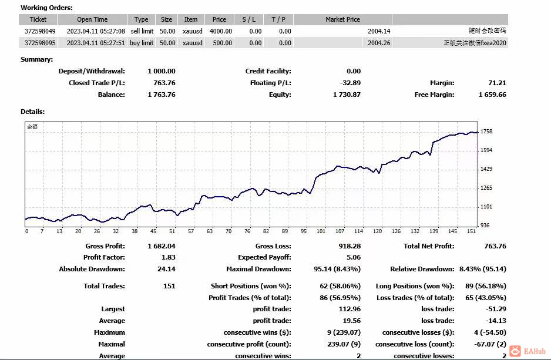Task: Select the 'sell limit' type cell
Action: tap(142, 31)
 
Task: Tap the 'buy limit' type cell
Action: tap(142, 43)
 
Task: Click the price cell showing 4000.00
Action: tap(220, 31)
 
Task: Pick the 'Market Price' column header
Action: tap(342, 19)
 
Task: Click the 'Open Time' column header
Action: tap(92, 19)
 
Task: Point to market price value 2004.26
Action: tap(379, 43)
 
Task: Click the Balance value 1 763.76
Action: tap(162, 95)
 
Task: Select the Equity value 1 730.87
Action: tap(347, 95)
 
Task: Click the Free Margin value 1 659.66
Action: tap(492, 95)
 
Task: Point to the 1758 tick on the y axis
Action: tap(486, 132)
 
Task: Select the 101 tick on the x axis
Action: tap(321, 231)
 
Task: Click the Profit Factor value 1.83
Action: tap(168, 257)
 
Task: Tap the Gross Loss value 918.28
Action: tap(350, 246)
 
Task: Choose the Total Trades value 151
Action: tap(169, 286)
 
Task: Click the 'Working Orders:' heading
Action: tap(46, 8)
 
